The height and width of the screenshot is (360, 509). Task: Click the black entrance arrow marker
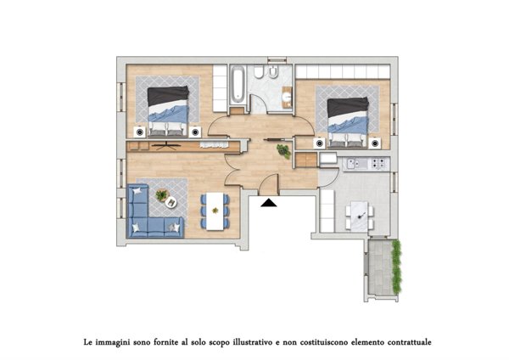(269, 203)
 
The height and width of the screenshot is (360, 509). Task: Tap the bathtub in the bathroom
(238, 84)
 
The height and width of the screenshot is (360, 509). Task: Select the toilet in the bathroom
(259, 72)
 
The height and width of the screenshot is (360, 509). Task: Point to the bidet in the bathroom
(272, 72)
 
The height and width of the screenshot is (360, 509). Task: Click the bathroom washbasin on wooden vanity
(287, 97)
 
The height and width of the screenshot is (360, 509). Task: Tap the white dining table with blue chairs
(215, 211)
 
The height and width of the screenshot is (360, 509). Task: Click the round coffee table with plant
(171, 202)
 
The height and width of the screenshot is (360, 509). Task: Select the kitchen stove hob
(378, 163)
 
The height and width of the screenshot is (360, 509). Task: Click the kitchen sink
(354, 163)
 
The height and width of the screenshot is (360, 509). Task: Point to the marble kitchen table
(360, 217)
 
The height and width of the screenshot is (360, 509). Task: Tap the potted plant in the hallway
(283, 151)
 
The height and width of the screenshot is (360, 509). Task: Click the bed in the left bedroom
(168, 111)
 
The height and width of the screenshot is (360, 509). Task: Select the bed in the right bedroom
(348, 123)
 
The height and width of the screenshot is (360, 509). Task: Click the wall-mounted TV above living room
(166, 145)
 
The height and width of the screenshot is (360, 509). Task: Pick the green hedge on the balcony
(396, 267)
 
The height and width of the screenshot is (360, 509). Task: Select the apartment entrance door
(269, 184)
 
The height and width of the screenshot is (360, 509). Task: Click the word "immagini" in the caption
(110, 342)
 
